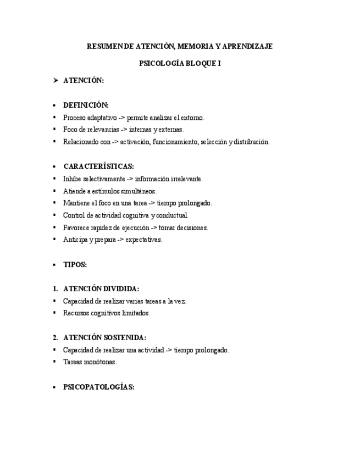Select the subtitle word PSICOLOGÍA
(163, 64)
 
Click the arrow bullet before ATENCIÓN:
(56, 80)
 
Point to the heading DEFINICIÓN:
(86, 105)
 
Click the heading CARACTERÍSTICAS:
(98, 167)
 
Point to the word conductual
(173, 215)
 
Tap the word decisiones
(192, 228)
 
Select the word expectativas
(144, 240)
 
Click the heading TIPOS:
(75, 264)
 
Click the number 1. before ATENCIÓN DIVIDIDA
(55, 289)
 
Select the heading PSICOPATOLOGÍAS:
(98, 387)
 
